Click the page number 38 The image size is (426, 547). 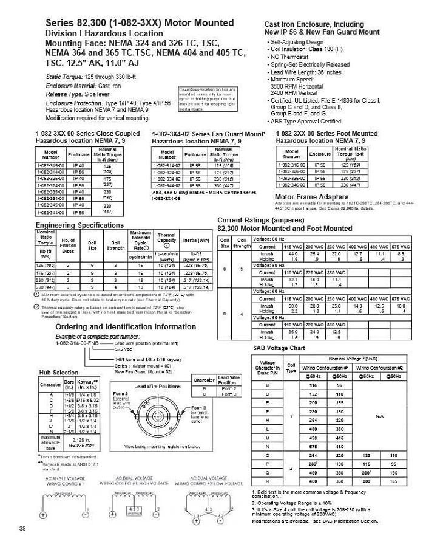[22, 528]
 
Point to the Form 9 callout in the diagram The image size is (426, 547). [200, 408]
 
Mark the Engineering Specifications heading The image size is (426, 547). [79, 225]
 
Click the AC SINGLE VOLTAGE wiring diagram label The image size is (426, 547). [64, 481]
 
